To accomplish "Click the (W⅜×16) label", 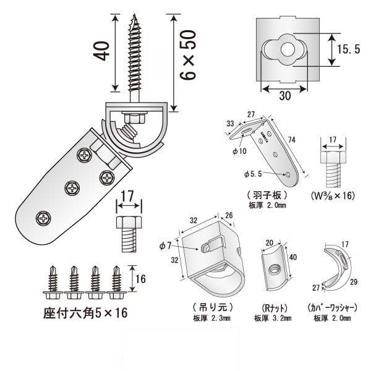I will (334, 196).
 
